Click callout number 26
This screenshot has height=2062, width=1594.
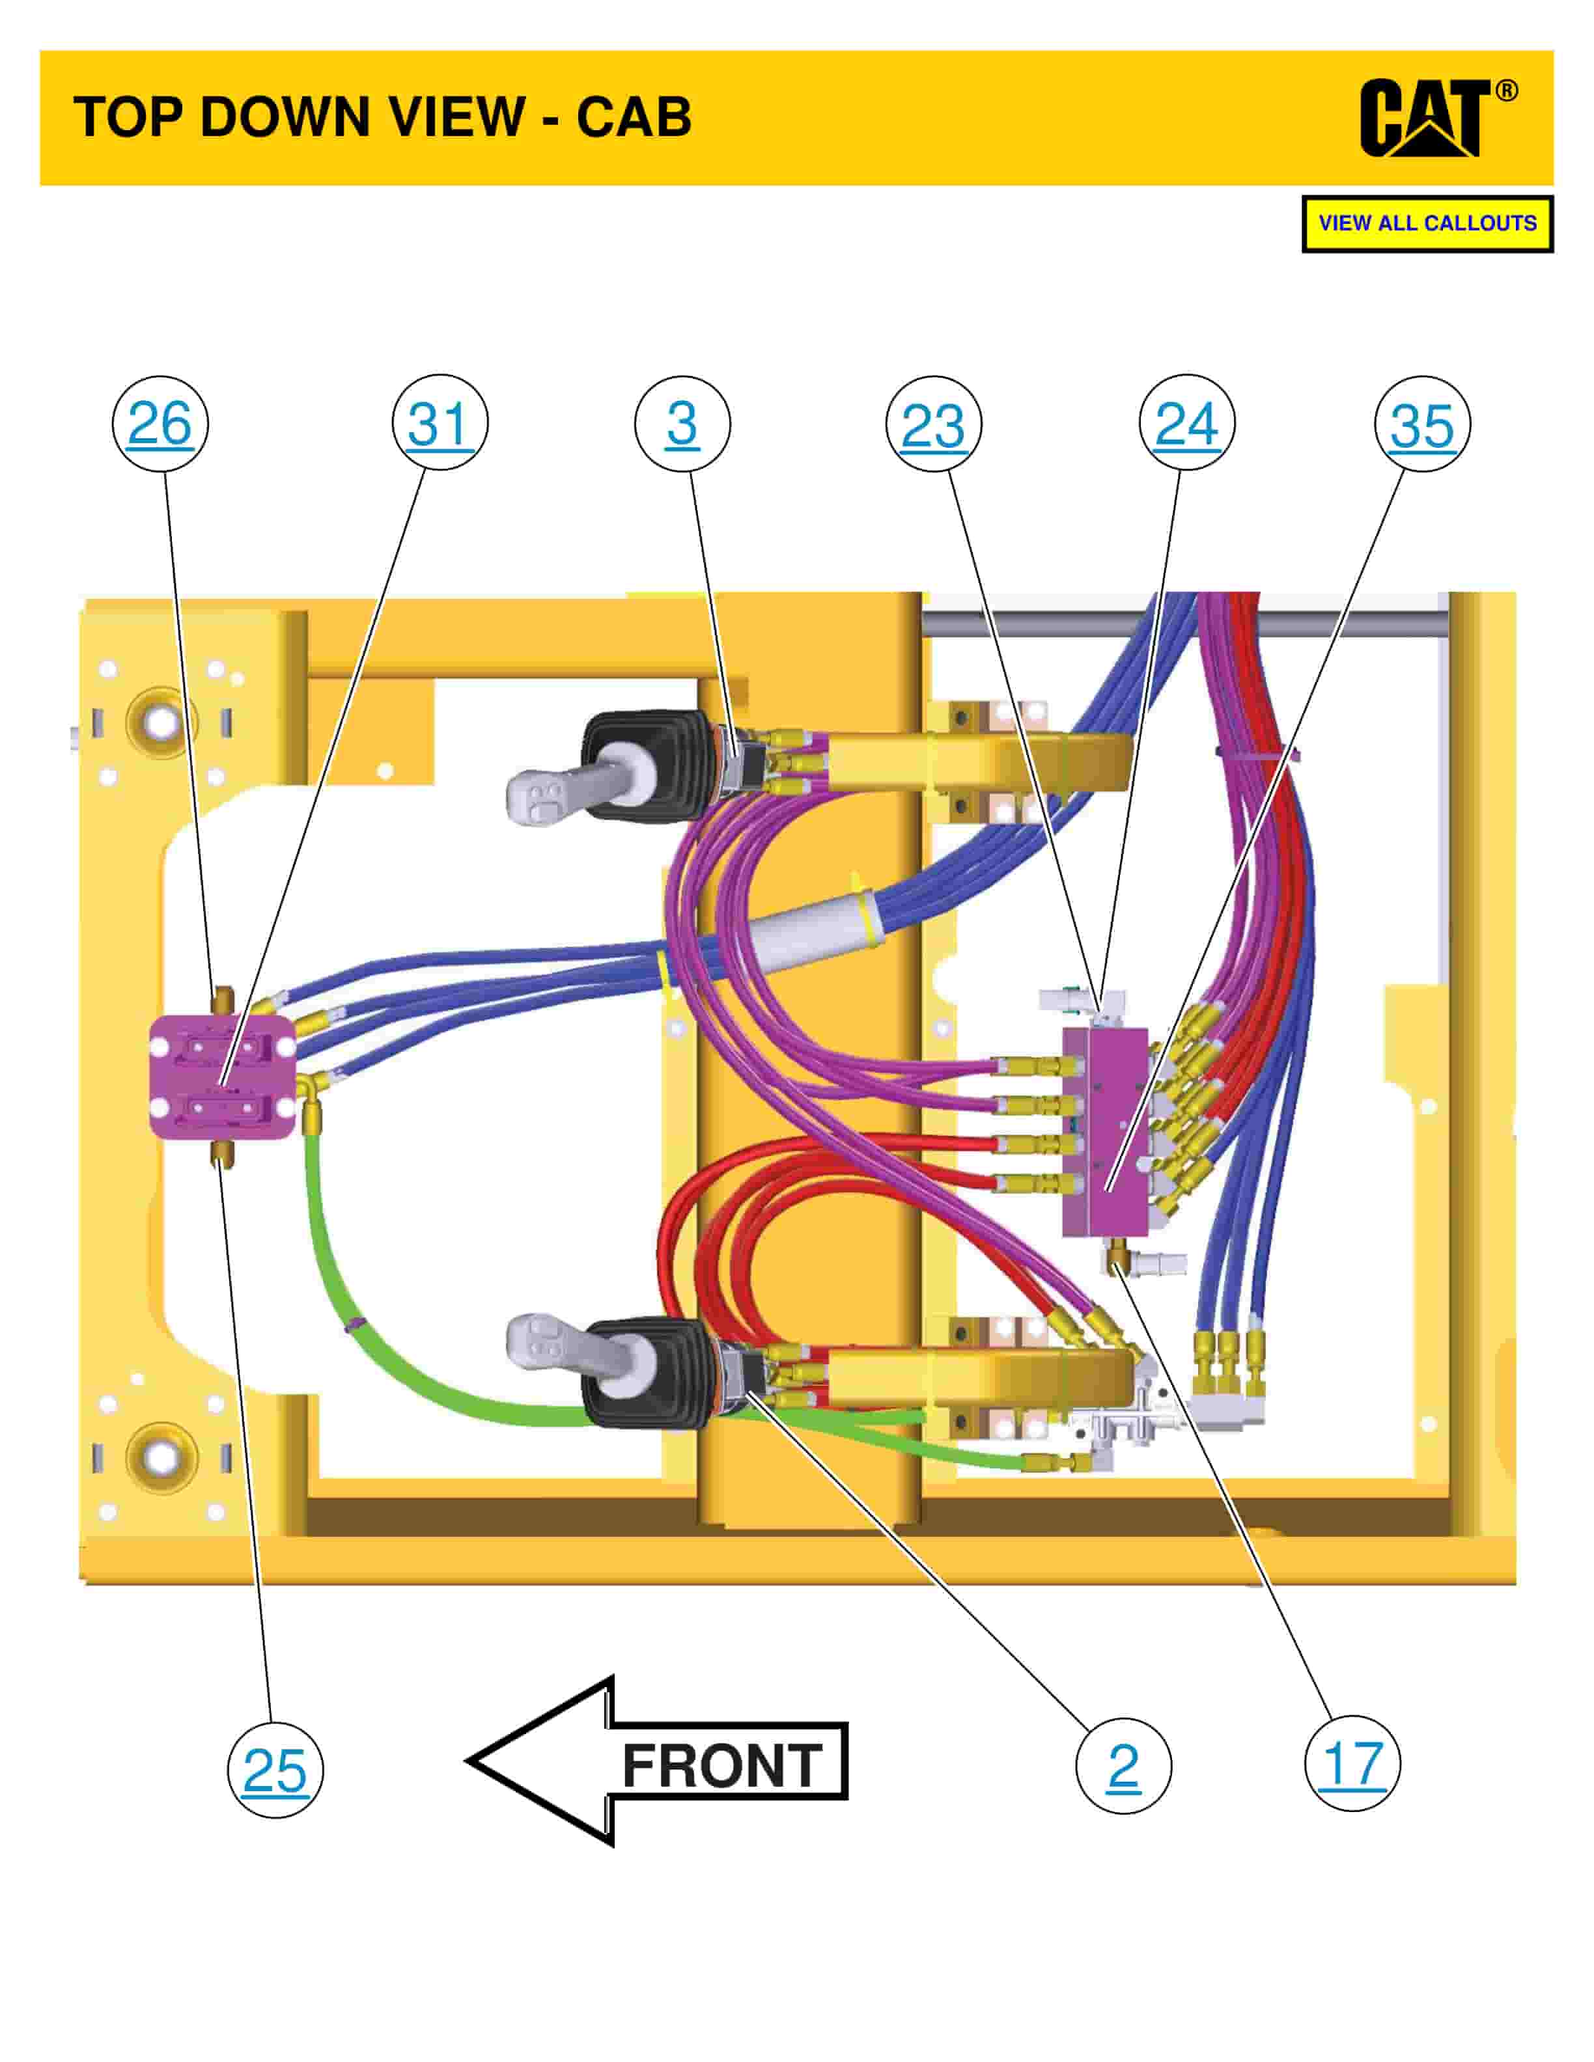click(x=160, y=424)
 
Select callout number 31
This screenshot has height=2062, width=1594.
click(x=440, y=424)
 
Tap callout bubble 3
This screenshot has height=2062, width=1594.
click(x=682, y=424)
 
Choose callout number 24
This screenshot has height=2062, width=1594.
click(x=1187, y=424)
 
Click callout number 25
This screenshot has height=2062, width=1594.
click(x=275, y=1771)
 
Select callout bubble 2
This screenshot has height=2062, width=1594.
click(x=1123, y=1766)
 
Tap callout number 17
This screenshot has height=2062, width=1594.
click(x=1352, y=1764)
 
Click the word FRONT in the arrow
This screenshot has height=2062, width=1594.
click(x=722, y=1766)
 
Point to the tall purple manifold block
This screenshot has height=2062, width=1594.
click(x=1105, y=1132)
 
